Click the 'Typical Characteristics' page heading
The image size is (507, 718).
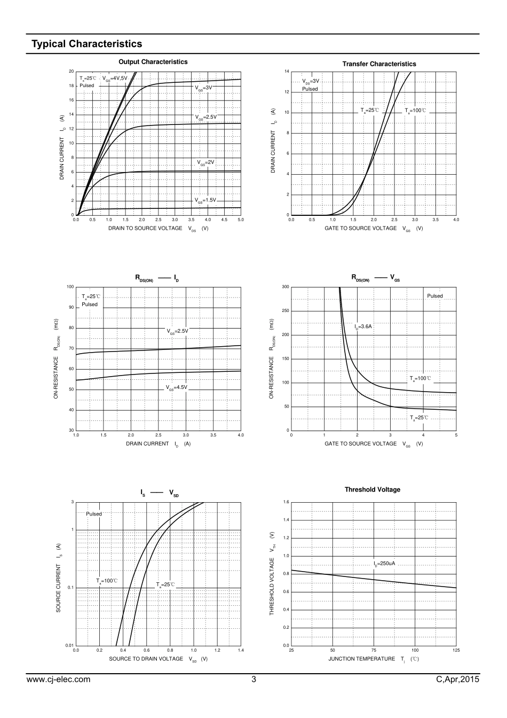[87, 44]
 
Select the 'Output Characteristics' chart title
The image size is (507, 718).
[153, 62]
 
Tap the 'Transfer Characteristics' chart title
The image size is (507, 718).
[379, 64]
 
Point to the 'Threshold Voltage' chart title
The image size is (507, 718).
[372, 489]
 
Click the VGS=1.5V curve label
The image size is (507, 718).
[205, 200]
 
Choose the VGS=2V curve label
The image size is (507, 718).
[205, 162]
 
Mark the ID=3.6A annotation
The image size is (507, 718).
[363, 326]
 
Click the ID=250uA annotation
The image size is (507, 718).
[384, 564]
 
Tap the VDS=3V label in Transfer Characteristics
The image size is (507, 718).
[311, 81]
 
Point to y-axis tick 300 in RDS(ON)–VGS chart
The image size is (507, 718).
[286, 287]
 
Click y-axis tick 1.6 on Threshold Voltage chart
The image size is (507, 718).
[286, 502]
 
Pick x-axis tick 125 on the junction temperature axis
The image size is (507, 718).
[456, 650]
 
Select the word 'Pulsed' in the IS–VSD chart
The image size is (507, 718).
[94, 514]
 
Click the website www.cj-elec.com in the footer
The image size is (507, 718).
[58, 680]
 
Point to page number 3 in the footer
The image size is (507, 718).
[253, 680]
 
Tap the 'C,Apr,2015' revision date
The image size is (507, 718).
[457, 680]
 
